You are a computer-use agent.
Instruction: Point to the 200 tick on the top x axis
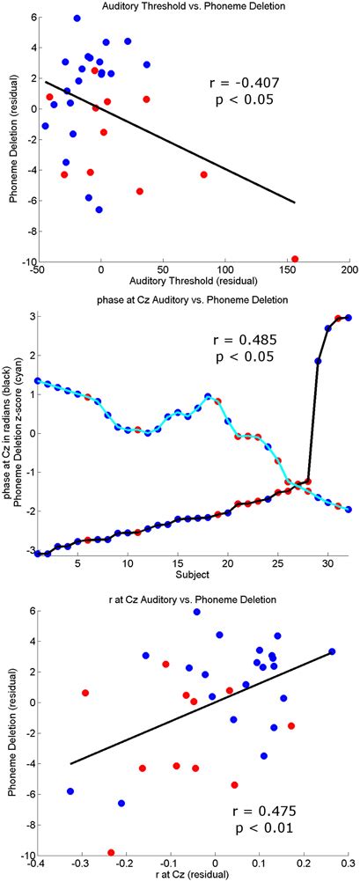[x=350, y=269]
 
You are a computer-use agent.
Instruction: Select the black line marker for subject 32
[x=348, y=318]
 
